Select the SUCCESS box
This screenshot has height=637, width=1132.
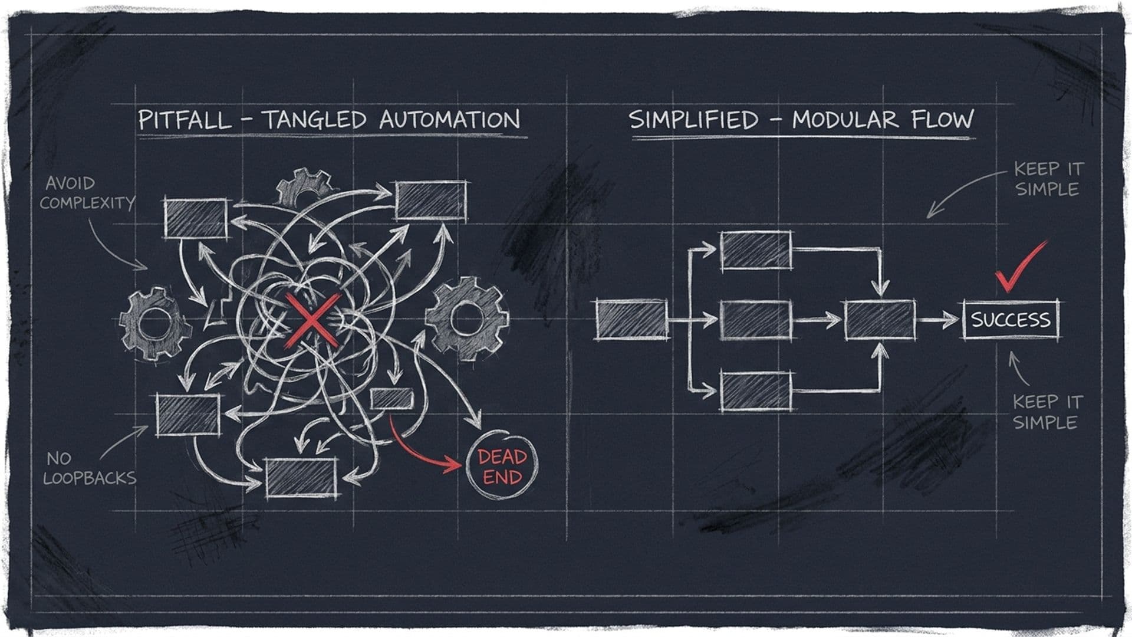[x=1011, y=320]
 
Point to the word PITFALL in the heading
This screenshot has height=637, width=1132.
[x=184, y=120]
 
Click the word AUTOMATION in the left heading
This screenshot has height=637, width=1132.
[x=450, y=119]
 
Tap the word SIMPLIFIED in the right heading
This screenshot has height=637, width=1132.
[x=693, y=120]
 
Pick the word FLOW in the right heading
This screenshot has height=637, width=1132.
[x=943, y=119]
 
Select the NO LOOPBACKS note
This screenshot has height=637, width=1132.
[x=90, y=468]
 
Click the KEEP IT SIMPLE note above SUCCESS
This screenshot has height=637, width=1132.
[x=1048, y=179]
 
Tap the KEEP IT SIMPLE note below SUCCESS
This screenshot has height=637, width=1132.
[x=1048, y=412]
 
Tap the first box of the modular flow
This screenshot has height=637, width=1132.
[x=631, y=320]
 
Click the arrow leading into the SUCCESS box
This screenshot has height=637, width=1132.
[x=938, y=320]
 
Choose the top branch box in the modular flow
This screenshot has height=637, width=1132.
[x=756, y=250]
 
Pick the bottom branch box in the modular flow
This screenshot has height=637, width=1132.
[x=756, y=390]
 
